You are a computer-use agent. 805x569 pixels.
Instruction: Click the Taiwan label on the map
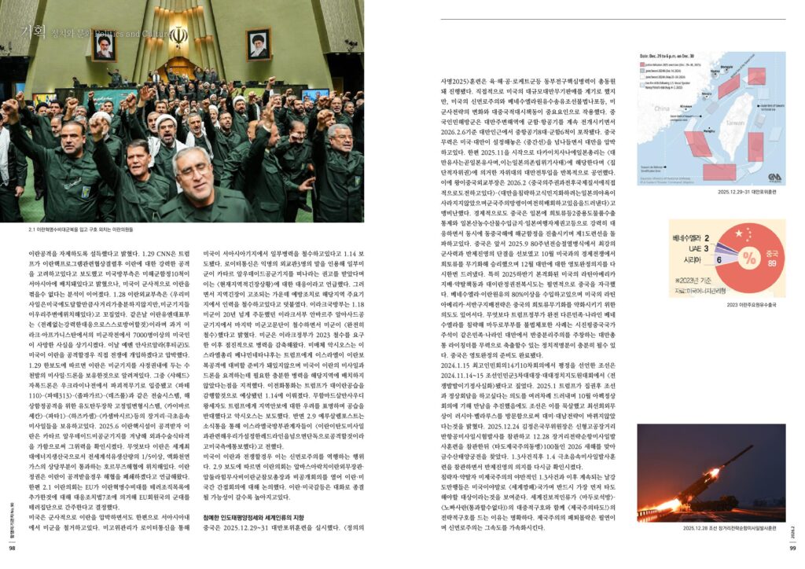(x=732, y=123)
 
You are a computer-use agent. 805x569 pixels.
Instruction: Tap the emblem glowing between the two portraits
(x=179, y=36)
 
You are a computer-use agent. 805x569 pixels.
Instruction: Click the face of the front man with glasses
(x=194, y=168)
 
